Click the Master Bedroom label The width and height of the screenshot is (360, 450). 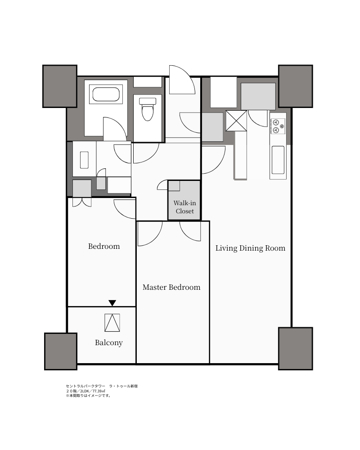(x=171, y=287)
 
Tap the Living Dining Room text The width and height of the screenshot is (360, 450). (x=250, y=248)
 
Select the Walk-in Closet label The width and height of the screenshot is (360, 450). (x=184, y=207)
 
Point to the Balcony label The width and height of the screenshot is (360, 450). (x=109, y=342)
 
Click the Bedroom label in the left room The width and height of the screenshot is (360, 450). (x=104, y=246)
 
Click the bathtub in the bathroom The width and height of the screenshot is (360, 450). (x=106, y=94)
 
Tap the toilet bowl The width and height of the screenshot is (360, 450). (x=148, y=113)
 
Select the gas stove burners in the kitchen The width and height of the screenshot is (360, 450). (x=278, y=126)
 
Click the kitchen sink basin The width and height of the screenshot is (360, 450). (x=278, y=160)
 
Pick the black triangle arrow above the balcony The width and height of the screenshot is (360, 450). (x=112, y=303)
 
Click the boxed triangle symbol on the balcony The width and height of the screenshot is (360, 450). (x=112, y=323)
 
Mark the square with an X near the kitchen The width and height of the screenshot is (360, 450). (x=236, y=121)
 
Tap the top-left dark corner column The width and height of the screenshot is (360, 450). (x=60, y=86)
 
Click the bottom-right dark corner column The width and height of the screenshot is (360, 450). (x=295, y=349)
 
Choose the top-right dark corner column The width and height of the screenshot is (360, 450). (x=295, y=86)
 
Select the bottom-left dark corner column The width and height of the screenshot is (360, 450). (x=61, y=351)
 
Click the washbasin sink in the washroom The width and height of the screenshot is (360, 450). (x=84, y=160)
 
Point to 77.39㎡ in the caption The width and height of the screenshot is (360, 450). (x=99, y=391)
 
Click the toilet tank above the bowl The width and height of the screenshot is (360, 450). (x=148, y=101)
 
